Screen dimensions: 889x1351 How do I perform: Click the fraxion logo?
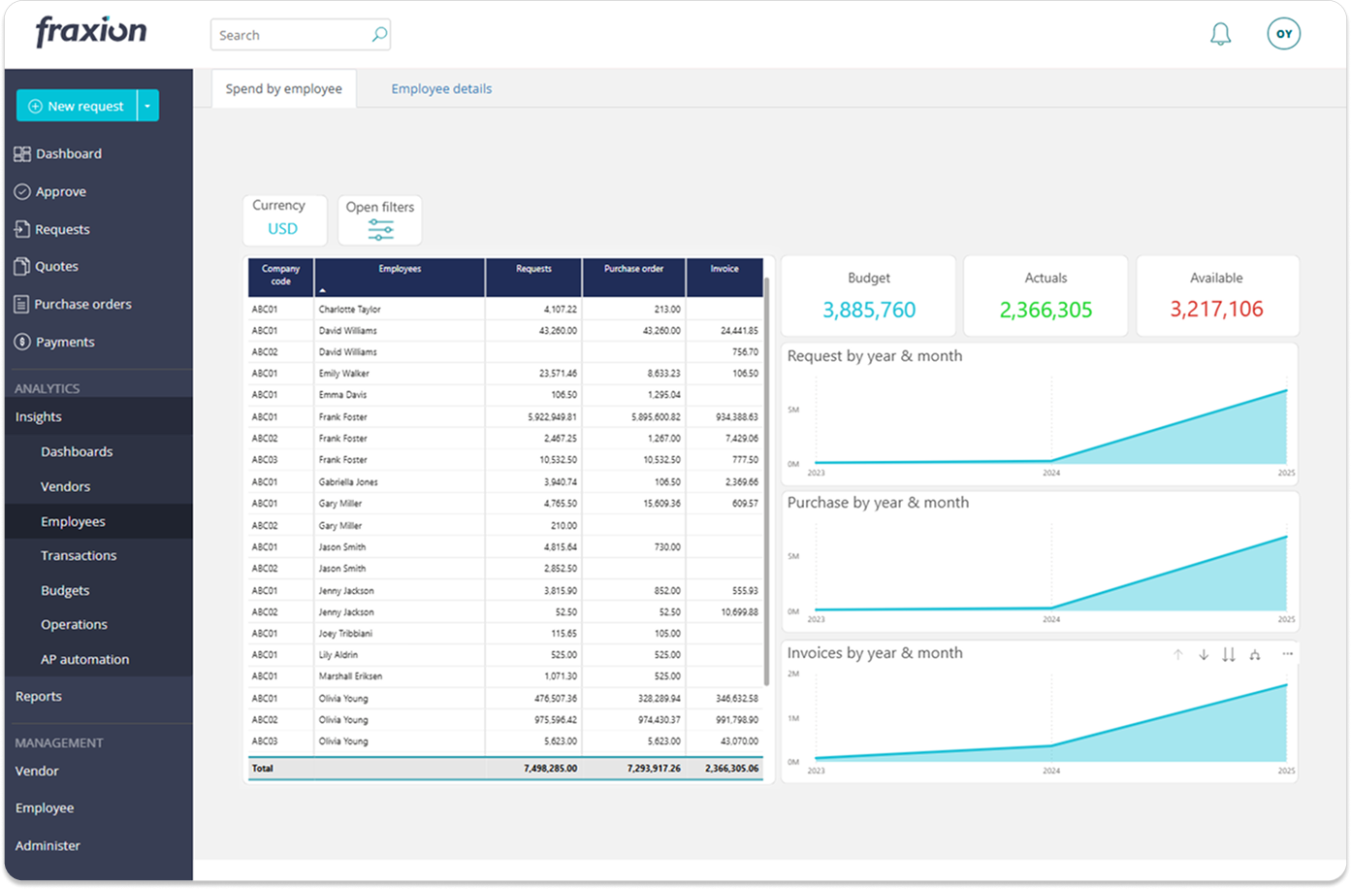point(91,32)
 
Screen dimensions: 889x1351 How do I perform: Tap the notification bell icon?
point(1220,35)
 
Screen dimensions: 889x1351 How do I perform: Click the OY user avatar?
point(1283,34)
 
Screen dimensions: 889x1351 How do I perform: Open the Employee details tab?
point(441,88)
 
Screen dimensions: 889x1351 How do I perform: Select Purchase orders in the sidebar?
point(82,304)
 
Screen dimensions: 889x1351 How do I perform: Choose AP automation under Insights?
point(84,659)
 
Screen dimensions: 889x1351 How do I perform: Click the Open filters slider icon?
point(380,230)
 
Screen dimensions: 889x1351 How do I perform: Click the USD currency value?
point(282,229)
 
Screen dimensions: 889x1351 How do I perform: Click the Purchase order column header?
point(633,269)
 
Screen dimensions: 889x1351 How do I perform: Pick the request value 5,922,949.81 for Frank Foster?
point(552,416)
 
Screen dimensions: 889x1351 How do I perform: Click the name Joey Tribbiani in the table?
point(345,633)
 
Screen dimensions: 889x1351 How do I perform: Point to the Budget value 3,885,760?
point(869,310)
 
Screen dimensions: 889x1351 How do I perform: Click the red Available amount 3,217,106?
point(1216,310)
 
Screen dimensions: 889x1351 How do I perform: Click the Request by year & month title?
point(874,356)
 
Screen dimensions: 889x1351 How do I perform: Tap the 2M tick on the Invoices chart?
point(792,674)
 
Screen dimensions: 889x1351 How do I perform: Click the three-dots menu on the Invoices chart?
point(1287,654)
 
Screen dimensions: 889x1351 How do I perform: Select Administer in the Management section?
point(48,845)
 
